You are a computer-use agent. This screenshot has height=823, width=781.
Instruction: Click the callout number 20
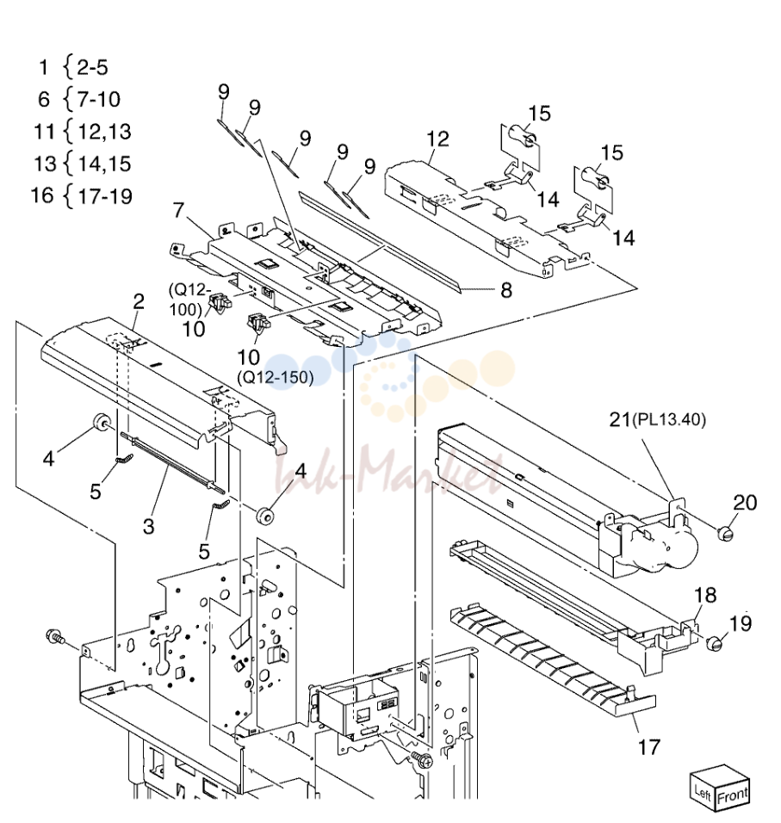click(745, 502)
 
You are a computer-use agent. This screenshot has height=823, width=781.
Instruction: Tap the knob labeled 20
click(725, 534)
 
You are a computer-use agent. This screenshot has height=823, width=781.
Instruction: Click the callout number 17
click(648, 746)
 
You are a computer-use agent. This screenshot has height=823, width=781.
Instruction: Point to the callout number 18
click(705, 595)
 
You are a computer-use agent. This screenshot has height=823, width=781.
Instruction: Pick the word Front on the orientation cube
click(733, 795)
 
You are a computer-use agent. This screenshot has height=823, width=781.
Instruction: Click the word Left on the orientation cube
click(703, 791)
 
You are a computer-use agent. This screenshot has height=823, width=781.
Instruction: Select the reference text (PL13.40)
click(669, 419)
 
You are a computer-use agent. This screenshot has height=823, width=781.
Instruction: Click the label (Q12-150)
click(276, 377)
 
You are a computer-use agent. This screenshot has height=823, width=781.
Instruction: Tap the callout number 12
click(437, 139)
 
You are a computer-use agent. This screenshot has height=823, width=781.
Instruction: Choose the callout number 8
click(506, 290)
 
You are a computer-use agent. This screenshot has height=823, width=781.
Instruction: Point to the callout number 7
click(179, 210)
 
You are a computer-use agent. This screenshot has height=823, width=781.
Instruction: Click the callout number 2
click(139, 301)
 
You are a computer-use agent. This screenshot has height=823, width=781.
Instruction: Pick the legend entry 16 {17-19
click(82, 195)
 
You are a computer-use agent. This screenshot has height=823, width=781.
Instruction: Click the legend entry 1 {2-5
click(73, 67)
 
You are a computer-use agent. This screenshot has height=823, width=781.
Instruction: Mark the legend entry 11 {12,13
click(83, 131)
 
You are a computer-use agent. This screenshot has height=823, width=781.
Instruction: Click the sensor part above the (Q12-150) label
click(256, 322)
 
